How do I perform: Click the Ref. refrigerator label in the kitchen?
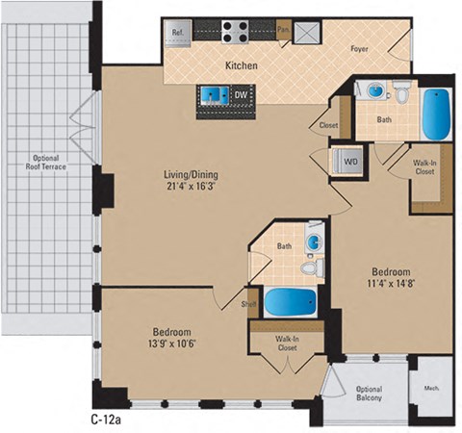pyautogui.click(x=178, y=32)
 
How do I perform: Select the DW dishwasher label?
pyautogui.click(x=241, y=94)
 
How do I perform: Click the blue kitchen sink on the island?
pyautogui.click(x=213, y=94)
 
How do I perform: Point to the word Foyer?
pyautogui.click(x=360, y=44)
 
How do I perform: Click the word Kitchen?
pyautogui.click(x=240, y=65)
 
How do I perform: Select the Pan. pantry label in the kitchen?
pyautogui.click(x=282, y=31)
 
